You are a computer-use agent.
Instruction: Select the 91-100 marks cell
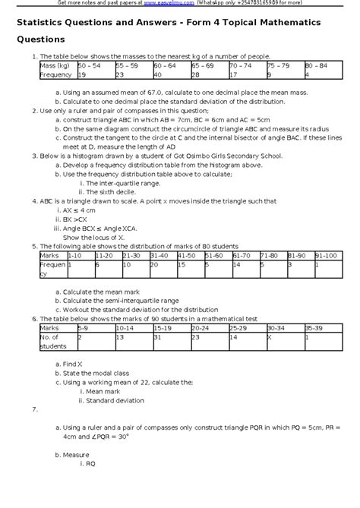pos(327,256)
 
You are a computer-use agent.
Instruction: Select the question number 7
pos(35,409)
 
